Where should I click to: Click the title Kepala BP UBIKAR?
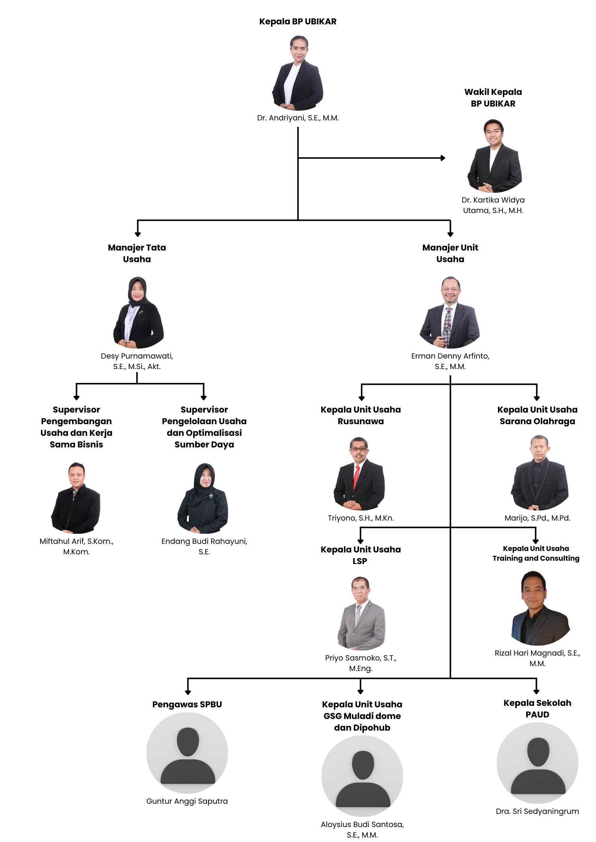[298, 22]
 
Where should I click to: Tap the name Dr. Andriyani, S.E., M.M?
[298, 118]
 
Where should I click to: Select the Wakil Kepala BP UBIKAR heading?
[493, 98]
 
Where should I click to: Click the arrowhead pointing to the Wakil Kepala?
[443, 158]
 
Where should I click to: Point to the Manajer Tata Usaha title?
[137, 253]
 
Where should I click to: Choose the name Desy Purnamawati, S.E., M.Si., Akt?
[137, 361]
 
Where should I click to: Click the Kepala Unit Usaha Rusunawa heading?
[361, 415]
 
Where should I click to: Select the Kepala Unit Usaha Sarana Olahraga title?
[537, 415]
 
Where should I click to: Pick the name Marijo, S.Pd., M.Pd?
[537, 518]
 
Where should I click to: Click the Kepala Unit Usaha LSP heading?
[361, 555]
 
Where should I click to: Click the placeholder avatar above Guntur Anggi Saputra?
[187, 753]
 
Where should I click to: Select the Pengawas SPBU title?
[187, 704]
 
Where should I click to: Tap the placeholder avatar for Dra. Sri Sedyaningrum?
[537, 763]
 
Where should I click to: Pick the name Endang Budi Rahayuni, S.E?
[204, 546]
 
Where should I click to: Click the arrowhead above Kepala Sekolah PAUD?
[536, 691]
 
